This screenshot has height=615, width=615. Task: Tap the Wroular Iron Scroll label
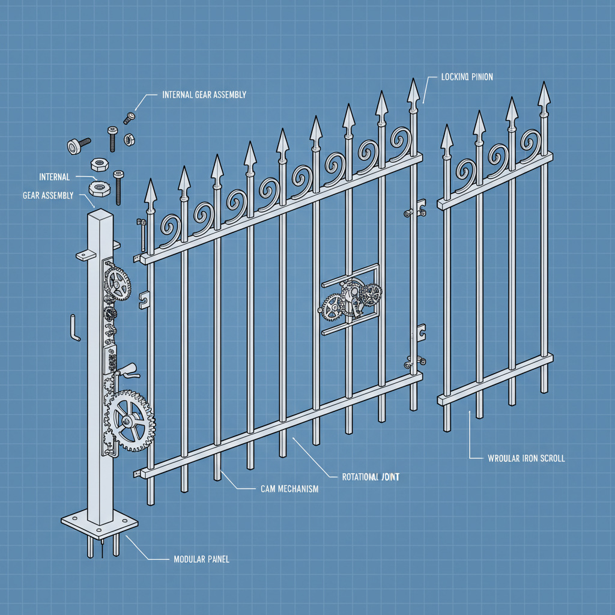(x=526, y=458)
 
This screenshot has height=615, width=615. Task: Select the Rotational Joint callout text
(x=371, y=477)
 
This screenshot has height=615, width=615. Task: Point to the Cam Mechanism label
(x=289, y=489)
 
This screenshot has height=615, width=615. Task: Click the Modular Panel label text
(x=201, y=559)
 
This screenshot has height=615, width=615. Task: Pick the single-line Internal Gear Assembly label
(x=204, y=95)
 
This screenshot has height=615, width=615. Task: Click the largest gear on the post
(x=132, y=420)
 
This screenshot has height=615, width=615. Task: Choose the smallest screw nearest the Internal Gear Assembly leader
(x=128, y=118)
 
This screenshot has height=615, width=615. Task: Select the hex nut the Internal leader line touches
(x=97, y=189)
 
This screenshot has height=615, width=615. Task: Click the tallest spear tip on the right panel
(x=544, y=96)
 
